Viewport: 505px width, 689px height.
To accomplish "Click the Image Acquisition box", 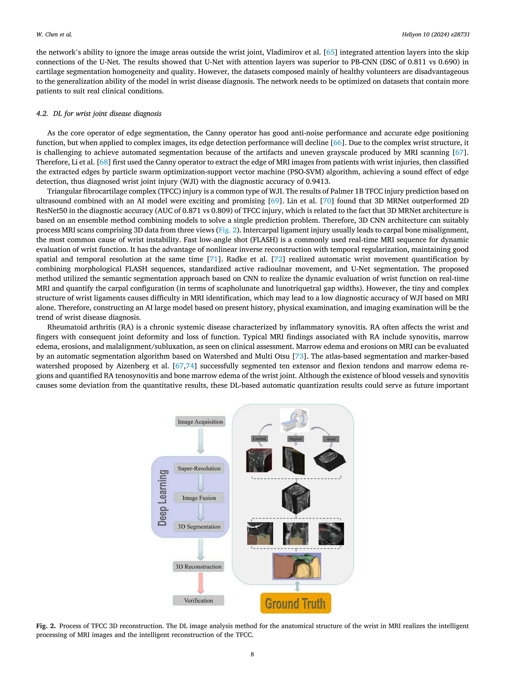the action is click(x=200, y=421).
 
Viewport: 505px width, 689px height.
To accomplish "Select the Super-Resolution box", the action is click(x=199, y=468).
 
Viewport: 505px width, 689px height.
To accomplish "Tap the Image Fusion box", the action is click(x=199, y=498).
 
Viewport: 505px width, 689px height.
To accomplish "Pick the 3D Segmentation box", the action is click(x=199, y=527).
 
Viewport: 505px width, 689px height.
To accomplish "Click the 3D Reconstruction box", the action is click(x=198, y=566).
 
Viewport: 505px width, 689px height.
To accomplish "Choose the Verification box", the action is click(x=198, y=600).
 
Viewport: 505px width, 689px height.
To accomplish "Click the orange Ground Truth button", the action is click(x=295, y=603).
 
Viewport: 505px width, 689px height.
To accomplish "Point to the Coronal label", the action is click(x=260, y=439).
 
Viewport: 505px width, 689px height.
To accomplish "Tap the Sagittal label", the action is click(x=296, y=439).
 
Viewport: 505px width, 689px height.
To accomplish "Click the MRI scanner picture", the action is click(x=294, y=420).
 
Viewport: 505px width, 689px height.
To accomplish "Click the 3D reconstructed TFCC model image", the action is click(x=297, y=566).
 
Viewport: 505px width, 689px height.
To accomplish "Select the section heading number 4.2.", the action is click(x=42, y=114).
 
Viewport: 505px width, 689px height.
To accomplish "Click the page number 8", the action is click(x=252, y=654).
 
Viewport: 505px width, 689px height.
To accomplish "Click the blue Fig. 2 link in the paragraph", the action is click(x=227, y=230).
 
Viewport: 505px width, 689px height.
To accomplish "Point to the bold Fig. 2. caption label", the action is click(x=46, y=626).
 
